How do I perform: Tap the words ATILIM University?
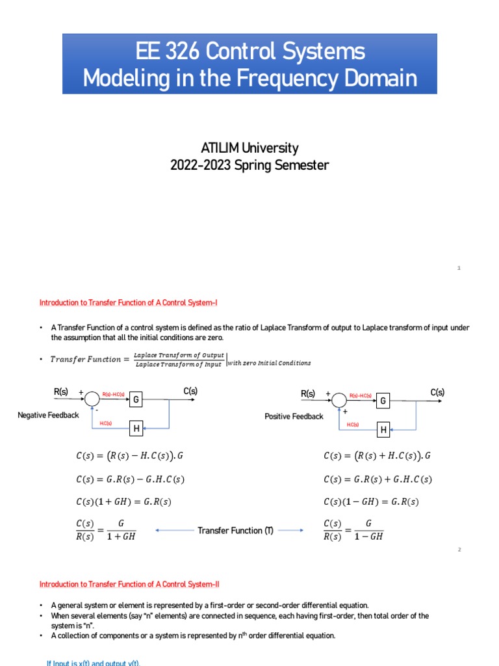coord(249,148)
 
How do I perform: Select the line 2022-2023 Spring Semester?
coord(249,165)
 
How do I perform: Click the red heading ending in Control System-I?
coord(133,302)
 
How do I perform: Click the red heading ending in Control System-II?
coord(134,584)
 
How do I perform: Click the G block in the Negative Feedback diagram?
coord(136,399)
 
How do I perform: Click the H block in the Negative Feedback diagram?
coord(136,429)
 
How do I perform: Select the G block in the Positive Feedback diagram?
coord(383,401)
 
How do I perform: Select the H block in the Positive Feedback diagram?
coord(383,430)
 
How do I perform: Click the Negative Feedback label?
coord(48,415)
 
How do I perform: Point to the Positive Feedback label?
coord(294,416)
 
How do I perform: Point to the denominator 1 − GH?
coord(368,537)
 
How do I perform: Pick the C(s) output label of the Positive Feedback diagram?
coord(437,392)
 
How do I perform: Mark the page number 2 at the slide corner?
coord(459,550)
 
